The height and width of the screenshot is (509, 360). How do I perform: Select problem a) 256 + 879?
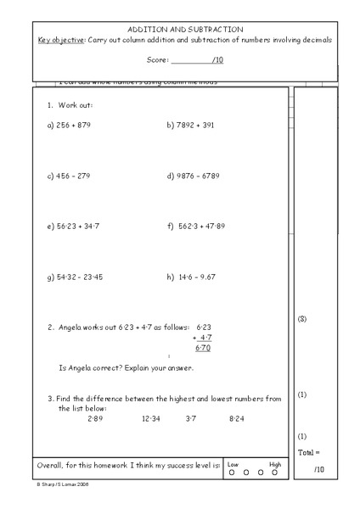tap(69, 125)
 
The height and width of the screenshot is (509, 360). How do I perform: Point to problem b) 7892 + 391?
tap(191, 125)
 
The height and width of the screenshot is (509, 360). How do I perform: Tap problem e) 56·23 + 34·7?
tap(74, 227)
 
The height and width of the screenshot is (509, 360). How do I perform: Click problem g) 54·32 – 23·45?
tap(75, 277)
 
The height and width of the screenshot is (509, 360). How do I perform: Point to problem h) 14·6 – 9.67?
tap(192, 277)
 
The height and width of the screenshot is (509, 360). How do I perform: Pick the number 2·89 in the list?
tap(95, 418)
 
